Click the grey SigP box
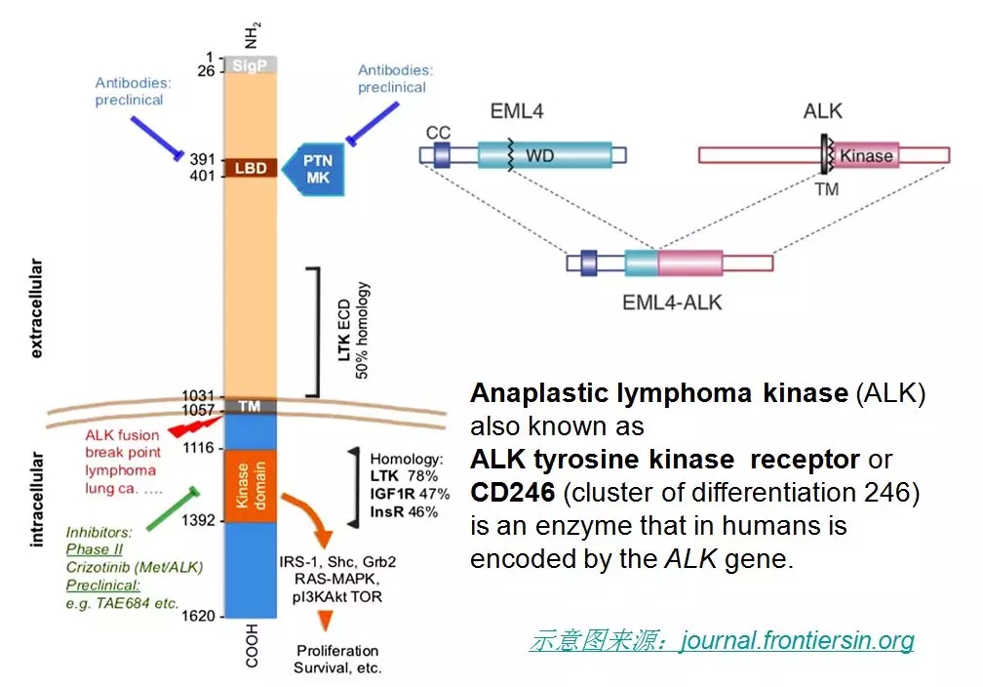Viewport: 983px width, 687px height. coord(251,64)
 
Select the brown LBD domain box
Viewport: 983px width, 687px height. coord(251,168)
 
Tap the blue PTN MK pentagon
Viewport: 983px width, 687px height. coord(314,168)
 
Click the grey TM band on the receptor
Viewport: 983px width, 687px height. coord(251,406)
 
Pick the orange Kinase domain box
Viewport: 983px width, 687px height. coord(251,485)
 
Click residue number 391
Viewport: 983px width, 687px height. coord(202,159)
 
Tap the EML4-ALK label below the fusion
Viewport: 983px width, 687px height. coord(672,303)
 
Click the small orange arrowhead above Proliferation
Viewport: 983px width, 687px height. coord(327,619)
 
